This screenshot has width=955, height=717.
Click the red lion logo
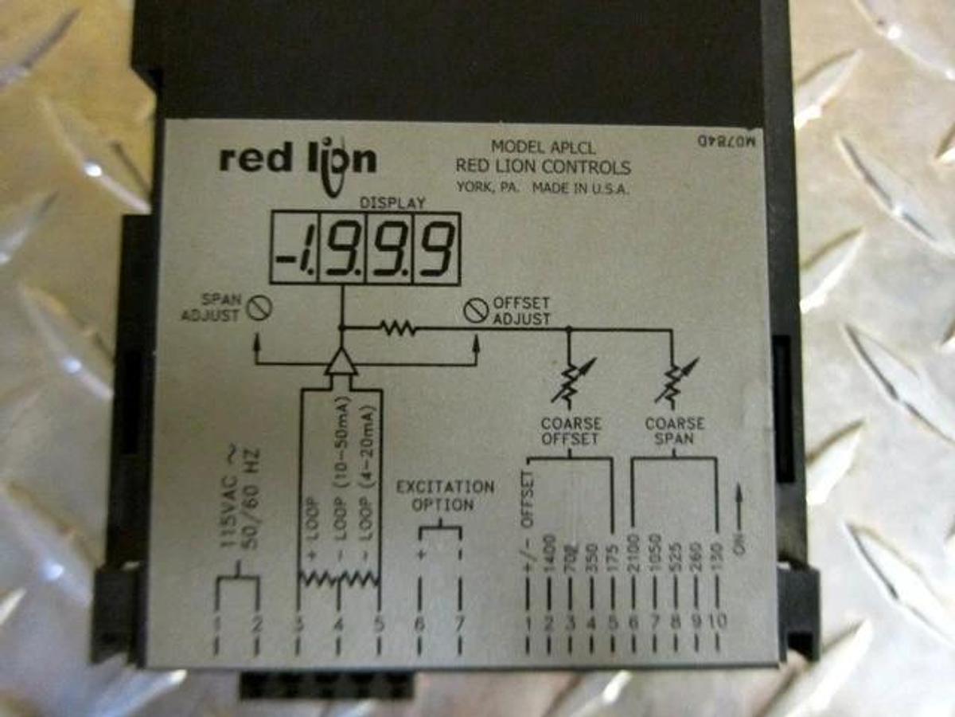click(x=297, y=162)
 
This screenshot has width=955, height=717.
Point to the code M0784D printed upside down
click(x=719, y=141)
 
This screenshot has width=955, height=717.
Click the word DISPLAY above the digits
click(x=392, y=203)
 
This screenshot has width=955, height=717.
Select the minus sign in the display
click(x=284, y=257)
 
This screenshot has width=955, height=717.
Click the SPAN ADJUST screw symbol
click(x=255, y=308)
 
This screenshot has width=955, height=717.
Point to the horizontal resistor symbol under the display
click(x=398, y=327)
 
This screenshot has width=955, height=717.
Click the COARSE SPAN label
click(x=674, y=431)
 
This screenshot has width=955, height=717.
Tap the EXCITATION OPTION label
click(x=444, y=496)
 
